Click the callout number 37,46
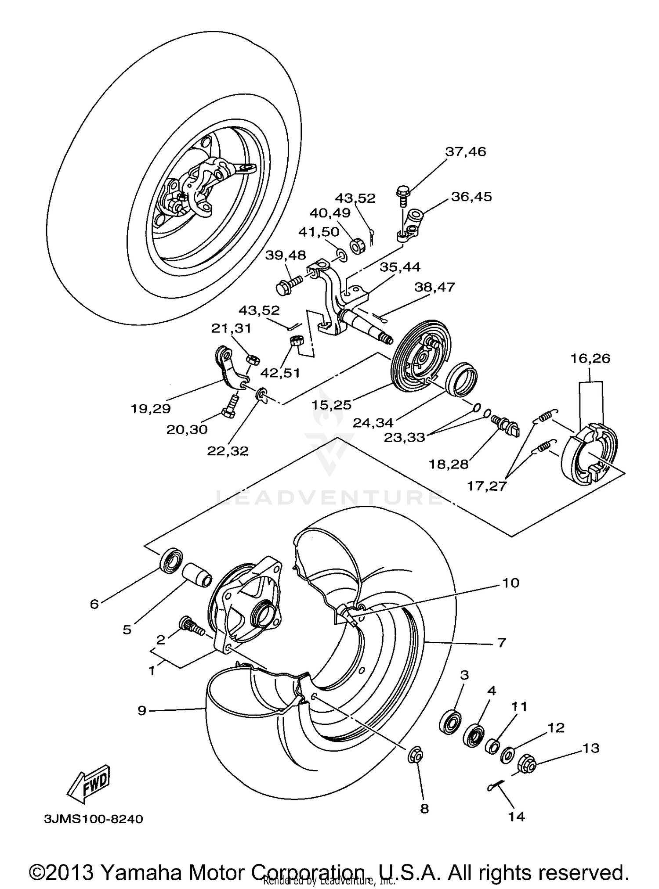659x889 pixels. coord(466,152)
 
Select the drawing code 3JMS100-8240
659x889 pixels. coord(93,820)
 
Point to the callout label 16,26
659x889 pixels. coord(590,359)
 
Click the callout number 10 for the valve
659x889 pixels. coord(511,583)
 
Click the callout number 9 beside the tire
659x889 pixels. coord(141,710)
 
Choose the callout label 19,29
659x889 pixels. coord(151,409)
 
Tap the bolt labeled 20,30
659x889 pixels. coord(230,407)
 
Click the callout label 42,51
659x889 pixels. coord(280,373)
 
